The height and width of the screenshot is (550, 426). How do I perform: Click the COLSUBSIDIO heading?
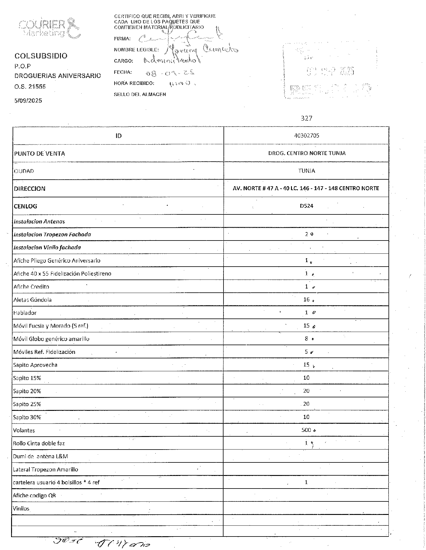(x=41, y=56)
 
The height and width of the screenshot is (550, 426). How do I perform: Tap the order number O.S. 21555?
(x=30, y=87)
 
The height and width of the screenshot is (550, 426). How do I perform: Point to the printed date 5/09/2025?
(x=28, y=100)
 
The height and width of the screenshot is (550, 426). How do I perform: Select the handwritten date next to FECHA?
(x=169, y=73)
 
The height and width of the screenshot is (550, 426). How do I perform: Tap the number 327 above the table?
(x=306, y=118)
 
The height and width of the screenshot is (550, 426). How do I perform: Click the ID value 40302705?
(x=306, y=136)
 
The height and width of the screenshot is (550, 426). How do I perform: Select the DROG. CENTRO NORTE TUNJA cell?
(x=307, y=153)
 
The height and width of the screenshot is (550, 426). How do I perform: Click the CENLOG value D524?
(x=306, y=206)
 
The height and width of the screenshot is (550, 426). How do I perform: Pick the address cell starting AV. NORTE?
(x=306, y=188)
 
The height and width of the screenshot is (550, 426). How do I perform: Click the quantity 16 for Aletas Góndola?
(x=306, y=300)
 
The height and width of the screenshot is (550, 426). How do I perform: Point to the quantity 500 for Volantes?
(x=306, y=430)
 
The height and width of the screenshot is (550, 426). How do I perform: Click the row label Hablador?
(x=25, y=313)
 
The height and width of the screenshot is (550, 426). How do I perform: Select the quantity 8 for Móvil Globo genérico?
(x=306, y=339)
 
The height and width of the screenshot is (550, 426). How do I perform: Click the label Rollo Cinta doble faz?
(x=39, y=443)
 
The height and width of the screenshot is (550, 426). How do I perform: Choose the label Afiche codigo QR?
(x=34, y=495)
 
